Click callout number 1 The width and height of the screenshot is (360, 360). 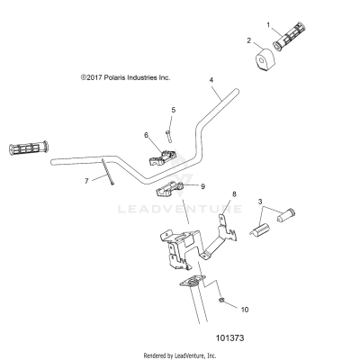pyautogui.click(x=267, y=25)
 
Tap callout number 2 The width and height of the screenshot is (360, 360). pyautogui.click(x=249, y=40)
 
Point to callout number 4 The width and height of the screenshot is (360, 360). pyautogui.click(x=211, y=80)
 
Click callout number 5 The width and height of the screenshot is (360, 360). pyautogui.click(x=173, y=111)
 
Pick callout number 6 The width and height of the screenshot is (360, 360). pyautogui.click(x=146, y=135)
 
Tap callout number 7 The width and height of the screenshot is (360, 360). pyautogui.click(x=87, y=181)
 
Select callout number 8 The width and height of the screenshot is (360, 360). pyautogui.click(x=234, y=194)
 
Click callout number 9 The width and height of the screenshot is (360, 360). pyautogui.click(x=203, y=186)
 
